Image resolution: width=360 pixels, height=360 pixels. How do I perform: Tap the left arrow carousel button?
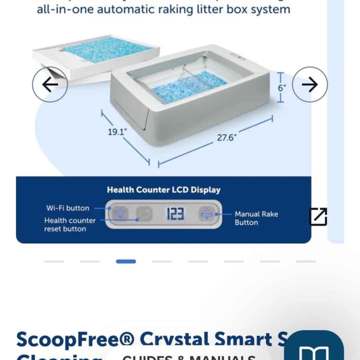(50, 85)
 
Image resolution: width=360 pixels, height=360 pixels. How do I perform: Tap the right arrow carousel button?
(310, 85)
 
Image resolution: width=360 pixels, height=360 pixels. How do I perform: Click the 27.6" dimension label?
(226, 138)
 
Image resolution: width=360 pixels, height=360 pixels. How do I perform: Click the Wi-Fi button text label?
(67, 208)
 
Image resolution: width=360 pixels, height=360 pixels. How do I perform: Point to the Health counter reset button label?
(70, 225)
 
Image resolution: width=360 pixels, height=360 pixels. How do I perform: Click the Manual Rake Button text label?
(256, 218)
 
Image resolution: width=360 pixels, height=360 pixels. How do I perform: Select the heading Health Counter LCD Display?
(163, 190)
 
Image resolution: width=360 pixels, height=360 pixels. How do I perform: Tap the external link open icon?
(319, 217)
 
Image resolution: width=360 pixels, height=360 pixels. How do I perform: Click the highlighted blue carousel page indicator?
(126, 261)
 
